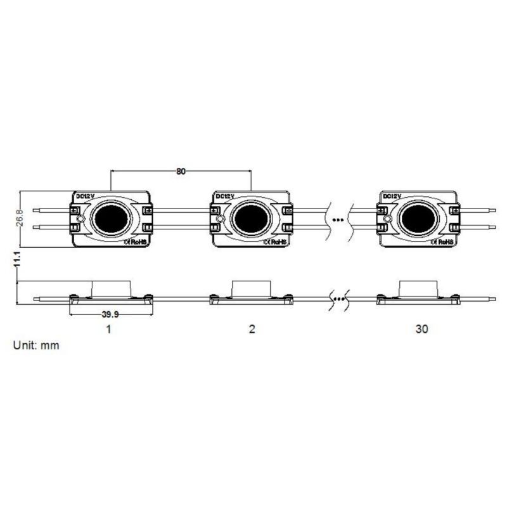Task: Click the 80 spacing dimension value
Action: [x=181, y=171]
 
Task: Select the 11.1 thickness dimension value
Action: [x=18, y=259]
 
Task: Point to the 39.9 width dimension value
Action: [x=110, y=314]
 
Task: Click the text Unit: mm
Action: [x=36, y=345]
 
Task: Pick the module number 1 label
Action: [x=109, y=329]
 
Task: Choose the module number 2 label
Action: [x=252, y=329]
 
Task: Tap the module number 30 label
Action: [x=421, y=329]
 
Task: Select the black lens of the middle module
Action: [x=251, y=219]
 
